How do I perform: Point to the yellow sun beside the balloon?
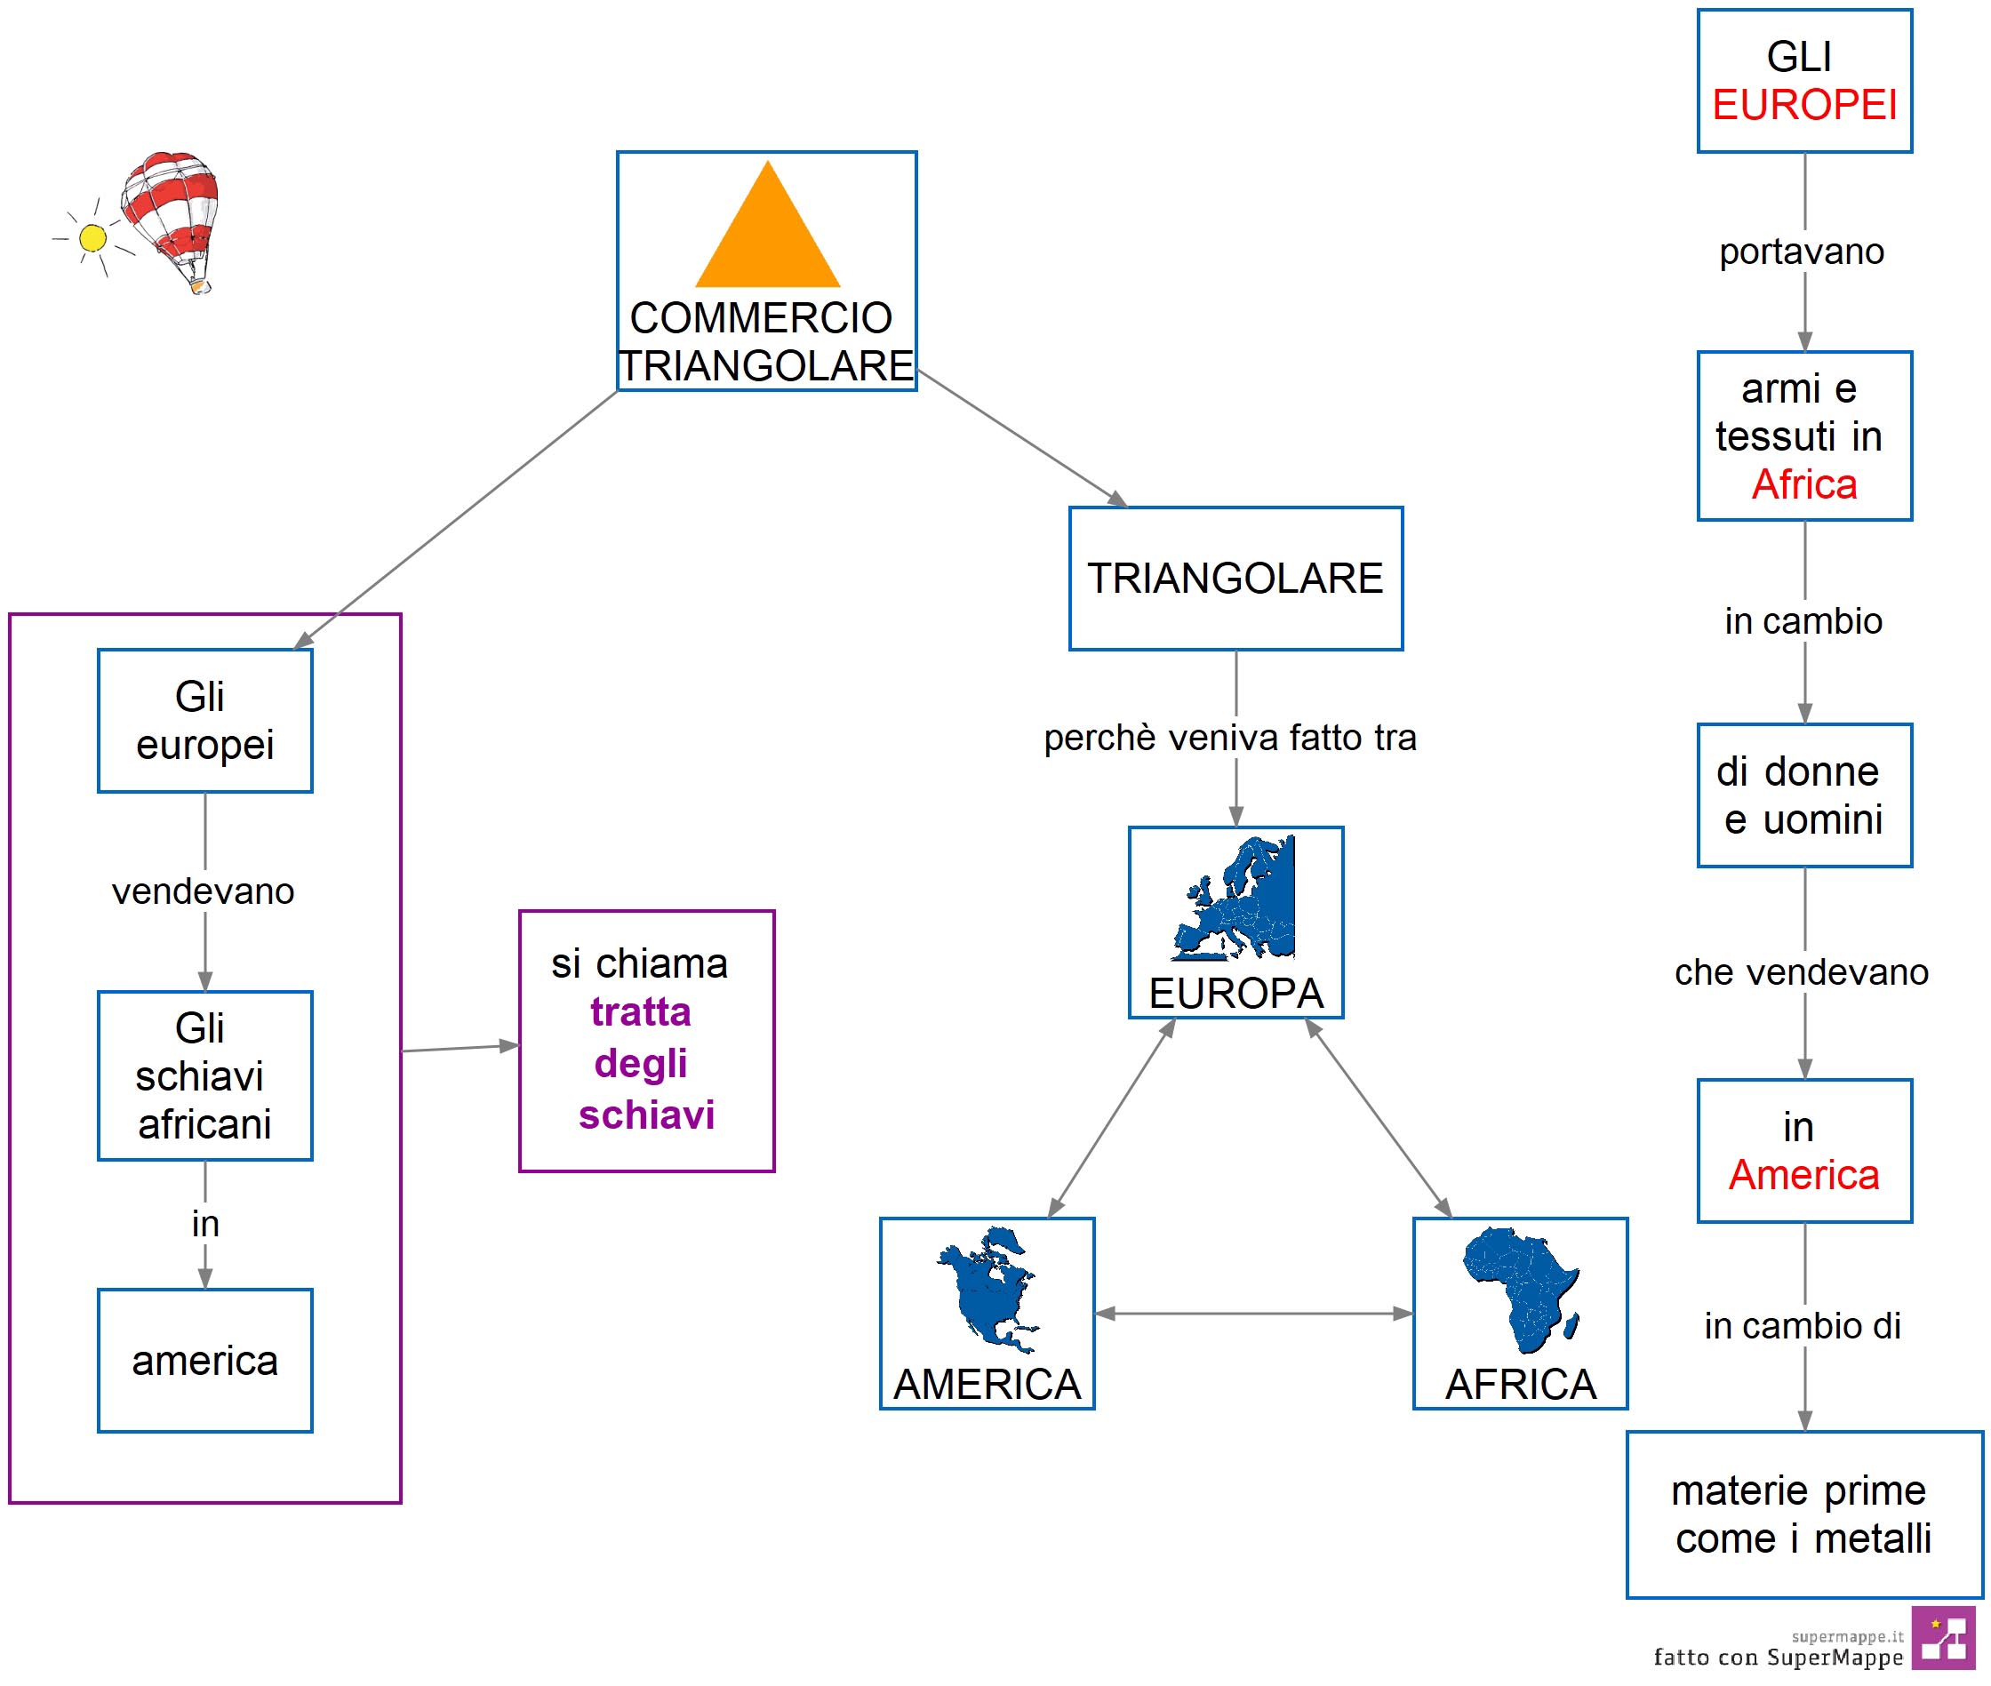point(92,238)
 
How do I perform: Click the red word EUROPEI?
point(1803,105)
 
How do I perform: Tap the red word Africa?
point(1803,484)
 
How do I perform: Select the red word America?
point(1803,1175)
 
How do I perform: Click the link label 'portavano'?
point(1802,252)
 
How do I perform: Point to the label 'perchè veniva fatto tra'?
point(1230,738)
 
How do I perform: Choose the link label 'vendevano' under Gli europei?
point(204,891)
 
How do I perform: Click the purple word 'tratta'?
point(640,1011)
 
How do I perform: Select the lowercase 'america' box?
point(204,1360)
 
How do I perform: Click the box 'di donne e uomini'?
point(1803,795)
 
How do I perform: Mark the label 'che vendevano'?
point(1802,972)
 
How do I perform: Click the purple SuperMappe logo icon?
point(1943,1638)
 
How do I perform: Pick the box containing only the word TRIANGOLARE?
point(1235,579)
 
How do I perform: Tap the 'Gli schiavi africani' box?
point(204,1075)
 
